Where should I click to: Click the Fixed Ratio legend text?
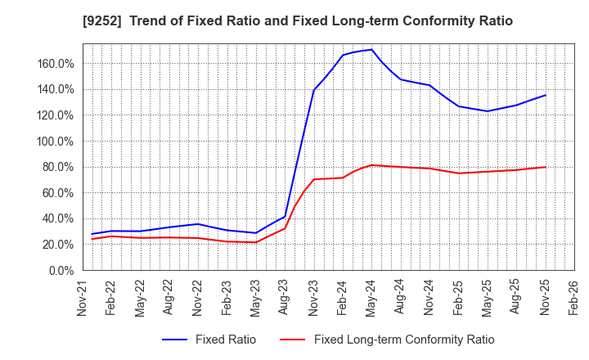point(224,340)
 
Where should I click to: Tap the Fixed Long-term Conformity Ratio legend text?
point(404,340)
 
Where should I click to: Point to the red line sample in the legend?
point(292,340)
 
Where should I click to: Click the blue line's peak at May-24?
point(371,49)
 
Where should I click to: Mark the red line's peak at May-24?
point(371,165)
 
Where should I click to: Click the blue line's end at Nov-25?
point(546,95)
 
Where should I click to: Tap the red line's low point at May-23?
point(256,242)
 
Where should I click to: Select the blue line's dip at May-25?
point(488,111)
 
